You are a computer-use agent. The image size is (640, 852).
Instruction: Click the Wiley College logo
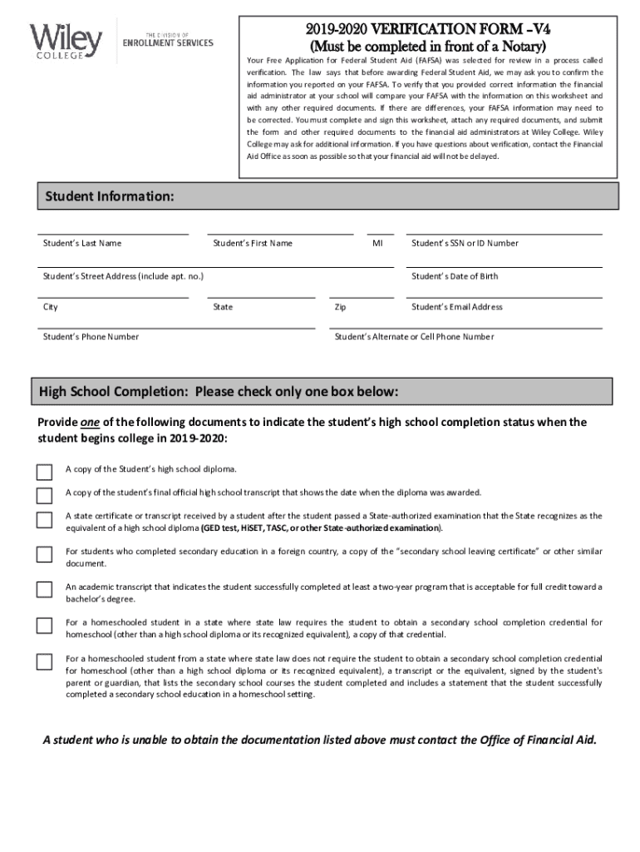[x=66, y=39]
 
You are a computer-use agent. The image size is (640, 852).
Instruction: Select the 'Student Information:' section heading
[x=109, y=196]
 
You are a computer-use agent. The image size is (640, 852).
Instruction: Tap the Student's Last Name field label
[x=82, y=243]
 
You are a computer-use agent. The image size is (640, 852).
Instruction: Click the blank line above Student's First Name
[x=280, y=234]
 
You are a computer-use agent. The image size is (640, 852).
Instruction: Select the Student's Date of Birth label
[x=455, y=276]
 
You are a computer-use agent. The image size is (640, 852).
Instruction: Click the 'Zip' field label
[x=340, y=307]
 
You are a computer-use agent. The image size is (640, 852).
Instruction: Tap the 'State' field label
[x=223, y=307]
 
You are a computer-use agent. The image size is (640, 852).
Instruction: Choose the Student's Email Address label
[x=457, y=307]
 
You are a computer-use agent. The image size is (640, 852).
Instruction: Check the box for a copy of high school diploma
[x=44, y=472]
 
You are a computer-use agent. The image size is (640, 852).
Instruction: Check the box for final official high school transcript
[x=44, y=496]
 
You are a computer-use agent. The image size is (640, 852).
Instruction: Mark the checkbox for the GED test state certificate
[x=44, y=520]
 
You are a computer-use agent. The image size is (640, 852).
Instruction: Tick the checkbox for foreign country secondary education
[x=44, y=555]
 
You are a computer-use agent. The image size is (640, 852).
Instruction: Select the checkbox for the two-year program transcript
[x=44, y=590]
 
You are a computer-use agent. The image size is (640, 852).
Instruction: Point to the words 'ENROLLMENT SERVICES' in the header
[x=168, y=42]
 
